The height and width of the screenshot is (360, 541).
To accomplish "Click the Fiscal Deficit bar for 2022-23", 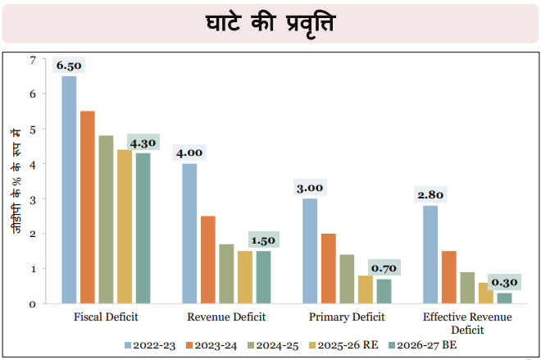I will point(69,189).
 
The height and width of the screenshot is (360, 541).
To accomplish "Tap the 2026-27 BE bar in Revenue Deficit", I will point(263,277).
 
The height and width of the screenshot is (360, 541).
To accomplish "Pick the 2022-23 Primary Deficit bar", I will point(310,251).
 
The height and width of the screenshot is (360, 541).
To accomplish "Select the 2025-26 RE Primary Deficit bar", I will point(365,289).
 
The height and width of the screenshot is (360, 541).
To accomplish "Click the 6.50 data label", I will point(69,66).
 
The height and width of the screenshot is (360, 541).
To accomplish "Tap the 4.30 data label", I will point(143,141).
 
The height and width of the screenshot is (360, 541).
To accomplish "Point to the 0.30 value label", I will point(504,282).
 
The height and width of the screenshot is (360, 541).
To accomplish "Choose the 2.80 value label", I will point(430,194).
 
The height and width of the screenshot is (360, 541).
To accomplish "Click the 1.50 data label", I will point(263,240).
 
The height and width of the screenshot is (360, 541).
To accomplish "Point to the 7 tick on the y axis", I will point(33,59).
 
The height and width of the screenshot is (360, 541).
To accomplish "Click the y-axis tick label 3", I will point(33,199).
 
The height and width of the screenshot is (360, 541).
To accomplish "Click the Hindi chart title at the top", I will point(270,23).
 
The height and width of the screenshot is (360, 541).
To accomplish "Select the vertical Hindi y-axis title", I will point(16,181).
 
